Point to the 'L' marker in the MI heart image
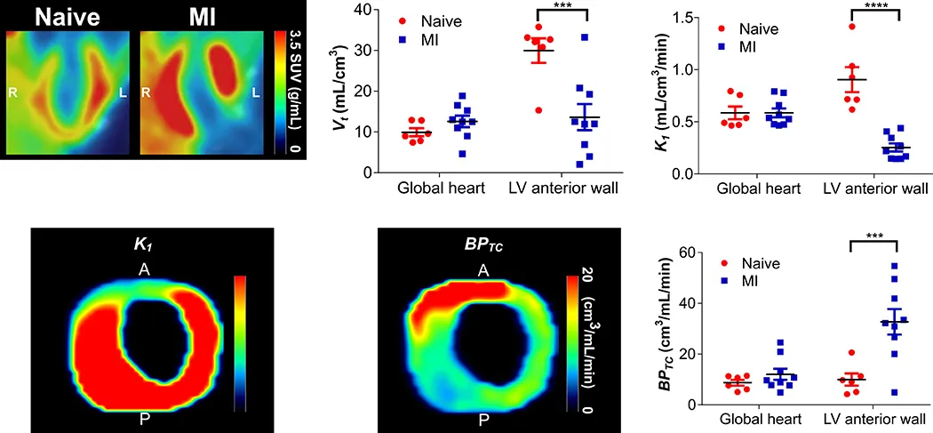pos(256,92)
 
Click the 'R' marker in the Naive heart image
pos(14,92)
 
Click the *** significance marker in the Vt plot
pos(561,7)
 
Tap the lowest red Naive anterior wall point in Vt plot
pos(537,110)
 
